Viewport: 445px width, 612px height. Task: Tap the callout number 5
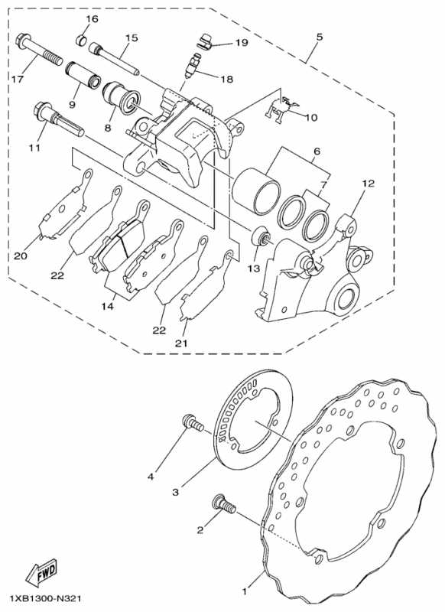[x=318, y=36]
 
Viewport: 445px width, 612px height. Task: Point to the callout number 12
[x=369, y=184]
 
